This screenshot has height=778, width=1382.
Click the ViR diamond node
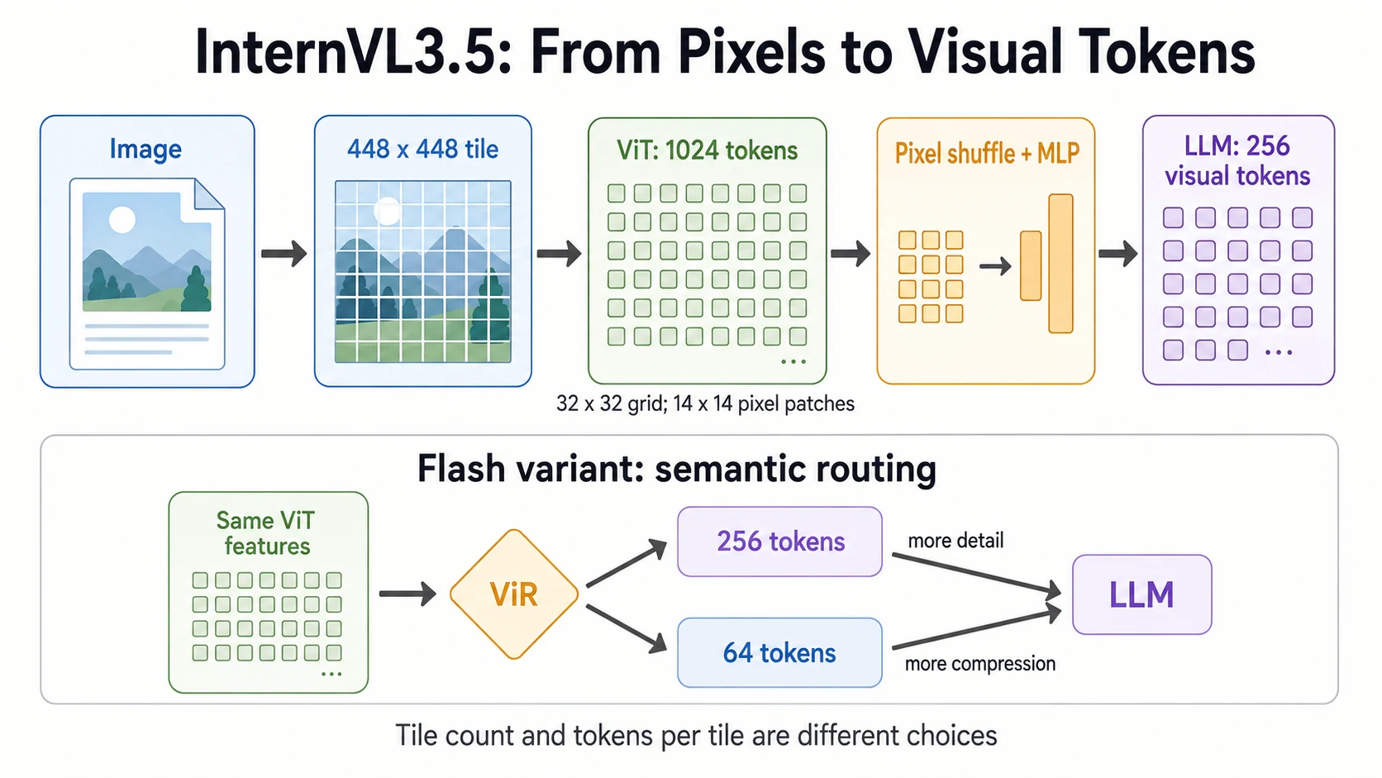(514, 594)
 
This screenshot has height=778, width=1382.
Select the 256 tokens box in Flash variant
(779, 542)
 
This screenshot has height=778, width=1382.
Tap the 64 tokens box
(779, 653)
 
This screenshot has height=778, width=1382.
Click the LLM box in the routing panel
(1142, 594)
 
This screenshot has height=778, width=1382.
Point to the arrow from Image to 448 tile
(284, 253)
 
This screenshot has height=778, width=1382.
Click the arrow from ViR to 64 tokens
(627, 628)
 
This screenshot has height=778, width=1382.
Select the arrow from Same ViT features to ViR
(407, 594)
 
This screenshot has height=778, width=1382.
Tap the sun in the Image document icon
(122, 220)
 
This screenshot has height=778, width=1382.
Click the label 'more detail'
(955, 541)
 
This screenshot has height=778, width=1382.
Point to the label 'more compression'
(980, 663)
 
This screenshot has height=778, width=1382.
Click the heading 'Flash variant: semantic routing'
(677, 468)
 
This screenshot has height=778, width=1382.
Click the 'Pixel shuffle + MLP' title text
(987, 153)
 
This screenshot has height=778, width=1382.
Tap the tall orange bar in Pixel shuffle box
(1060, 264)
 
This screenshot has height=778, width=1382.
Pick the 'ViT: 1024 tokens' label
(707, 150)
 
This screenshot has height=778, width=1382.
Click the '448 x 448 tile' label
(422, 150)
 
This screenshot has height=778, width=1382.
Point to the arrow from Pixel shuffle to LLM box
(1118, 253)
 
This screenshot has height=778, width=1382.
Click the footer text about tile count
(696, 736)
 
